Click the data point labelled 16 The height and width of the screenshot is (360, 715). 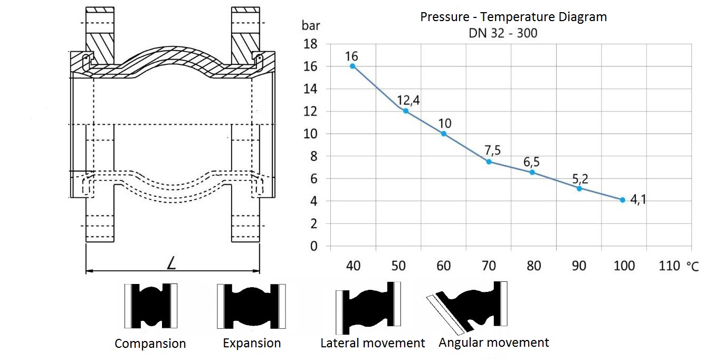352,66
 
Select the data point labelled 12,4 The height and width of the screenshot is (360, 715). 406,111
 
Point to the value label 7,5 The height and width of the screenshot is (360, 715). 492,150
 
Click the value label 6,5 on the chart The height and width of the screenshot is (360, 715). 531,162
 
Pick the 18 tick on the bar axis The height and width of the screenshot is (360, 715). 310,44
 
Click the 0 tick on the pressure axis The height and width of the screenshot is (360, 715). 314,247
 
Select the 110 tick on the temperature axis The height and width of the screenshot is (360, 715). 669,266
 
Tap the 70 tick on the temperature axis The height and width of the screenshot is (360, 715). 489,266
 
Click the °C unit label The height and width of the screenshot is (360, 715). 693,267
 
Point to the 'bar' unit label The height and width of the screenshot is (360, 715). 311,25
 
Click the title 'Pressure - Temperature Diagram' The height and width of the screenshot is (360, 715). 513,17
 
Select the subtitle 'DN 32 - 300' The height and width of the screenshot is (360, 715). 503,33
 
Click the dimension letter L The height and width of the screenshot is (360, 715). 171,263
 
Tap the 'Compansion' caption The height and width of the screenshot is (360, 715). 150,344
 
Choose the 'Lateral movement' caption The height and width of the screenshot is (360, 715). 373,343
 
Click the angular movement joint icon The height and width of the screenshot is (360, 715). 467,308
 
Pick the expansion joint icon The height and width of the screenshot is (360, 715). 251,306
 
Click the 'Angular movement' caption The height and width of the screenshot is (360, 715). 493,343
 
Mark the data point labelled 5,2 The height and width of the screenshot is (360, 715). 579,188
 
